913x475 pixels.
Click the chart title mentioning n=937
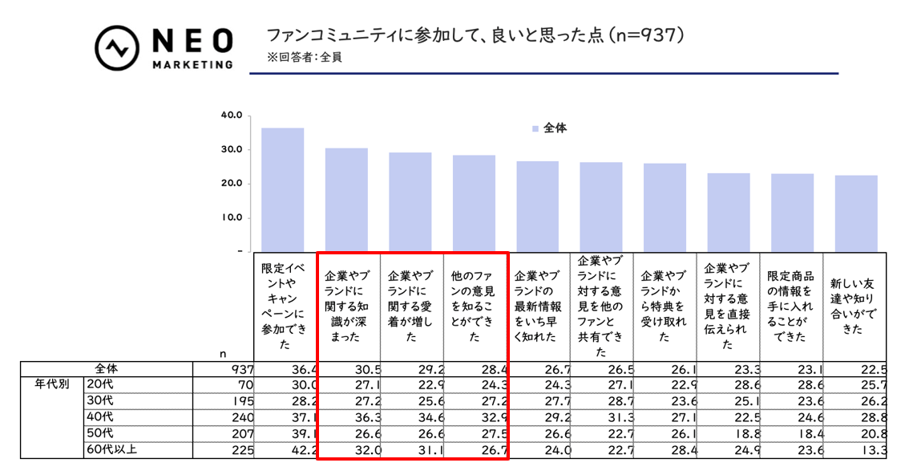click(x=477, y=36)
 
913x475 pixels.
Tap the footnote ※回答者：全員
click(x=305, y=58)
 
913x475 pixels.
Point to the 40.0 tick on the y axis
click(x=232, y=116)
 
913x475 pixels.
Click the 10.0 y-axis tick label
click(x=232, y=217)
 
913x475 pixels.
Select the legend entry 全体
click(x=549, y=128)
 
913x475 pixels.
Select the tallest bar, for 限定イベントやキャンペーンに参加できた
click(x=282, y=189)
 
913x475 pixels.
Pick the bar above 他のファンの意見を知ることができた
click(x=474, y=203)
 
